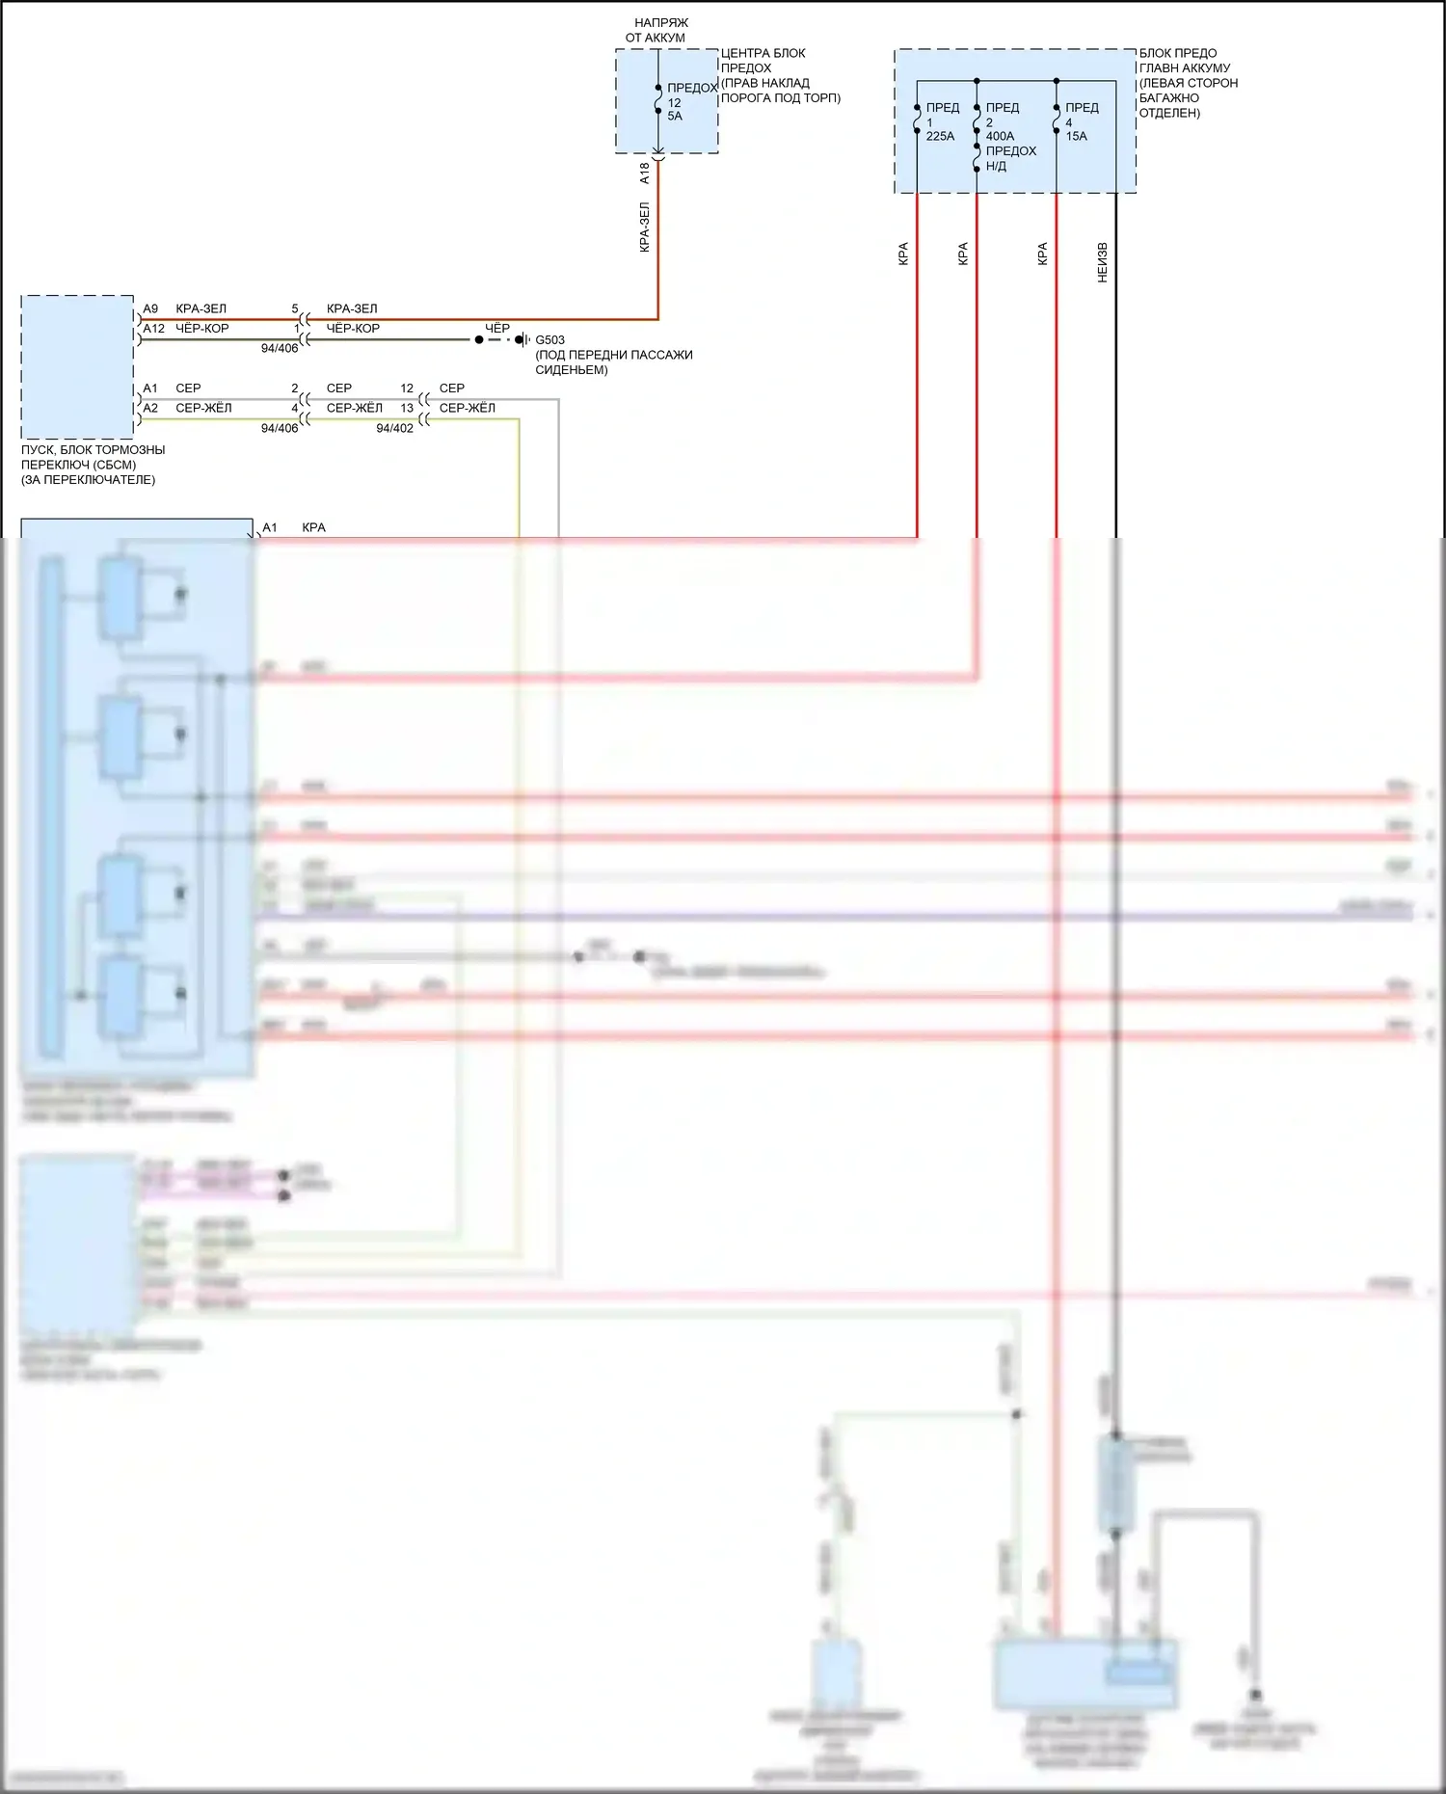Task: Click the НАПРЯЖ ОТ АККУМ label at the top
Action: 657,30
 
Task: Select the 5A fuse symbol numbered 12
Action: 658,99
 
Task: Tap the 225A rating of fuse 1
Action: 940,136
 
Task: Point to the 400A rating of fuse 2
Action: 1000,136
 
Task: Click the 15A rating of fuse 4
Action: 1076,136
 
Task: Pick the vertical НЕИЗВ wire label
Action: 1103,262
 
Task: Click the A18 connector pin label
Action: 645,174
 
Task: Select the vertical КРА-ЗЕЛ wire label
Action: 645,228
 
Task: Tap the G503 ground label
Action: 550,340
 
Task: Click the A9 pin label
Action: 150,308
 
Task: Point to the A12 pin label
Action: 153,329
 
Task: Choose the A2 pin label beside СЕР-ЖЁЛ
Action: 150,408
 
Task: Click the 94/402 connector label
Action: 394,428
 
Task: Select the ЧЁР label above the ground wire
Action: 497,329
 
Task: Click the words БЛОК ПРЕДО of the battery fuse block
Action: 1177,53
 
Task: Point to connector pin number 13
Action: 407,408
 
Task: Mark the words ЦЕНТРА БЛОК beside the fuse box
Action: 763,53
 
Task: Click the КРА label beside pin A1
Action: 313,527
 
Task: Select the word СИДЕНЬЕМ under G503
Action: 572,370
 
